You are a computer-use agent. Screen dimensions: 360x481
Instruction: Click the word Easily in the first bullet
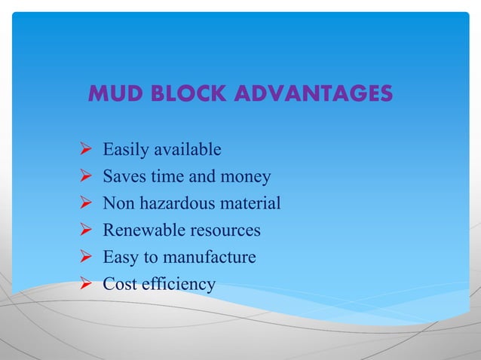pyautogui.click(x=126, y=150)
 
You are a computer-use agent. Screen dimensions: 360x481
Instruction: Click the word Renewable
pyautogui.click(x=143, y=230)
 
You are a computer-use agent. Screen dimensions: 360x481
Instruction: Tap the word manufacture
pyautogui.click(x=212, y=258)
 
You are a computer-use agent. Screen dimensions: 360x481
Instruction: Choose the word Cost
pyautogui.click(x=119, y=284)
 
